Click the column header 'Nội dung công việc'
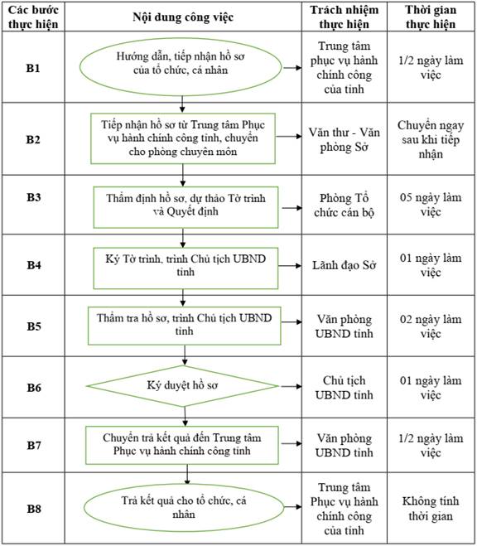tap(183, 17)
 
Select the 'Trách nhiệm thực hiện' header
tap(344, 17)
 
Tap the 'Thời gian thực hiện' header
tap(431, 17)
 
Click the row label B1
tap(33, 68)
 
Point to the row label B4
tap(34, 265)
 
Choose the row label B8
tap(34, 509)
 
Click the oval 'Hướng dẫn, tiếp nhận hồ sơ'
tap(181, 67)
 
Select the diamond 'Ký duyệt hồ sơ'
tap(183, 386)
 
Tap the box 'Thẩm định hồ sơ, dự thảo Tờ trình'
tap(185, 207)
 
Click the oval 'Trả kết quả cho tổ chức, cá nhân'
tap(184, 507)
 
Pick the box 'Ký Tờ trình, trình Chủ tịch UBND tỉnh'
tap(185, 268)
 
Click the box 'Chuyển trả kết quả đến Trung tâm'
tap(182, 445)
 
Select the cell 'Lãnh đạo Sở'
tap(344, 265)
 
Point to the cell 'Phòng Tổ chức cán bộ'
tap(344, 205)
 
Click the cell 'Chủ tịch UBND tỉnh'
tap(344, 388)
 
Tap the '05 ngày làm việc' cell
tap(431, 205)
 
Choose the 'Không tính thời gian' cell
tap(431, 509)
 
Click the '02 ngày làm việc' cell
tap(431, 326)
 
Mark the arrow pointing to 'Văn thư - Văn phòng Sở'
tap(289, 136)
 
